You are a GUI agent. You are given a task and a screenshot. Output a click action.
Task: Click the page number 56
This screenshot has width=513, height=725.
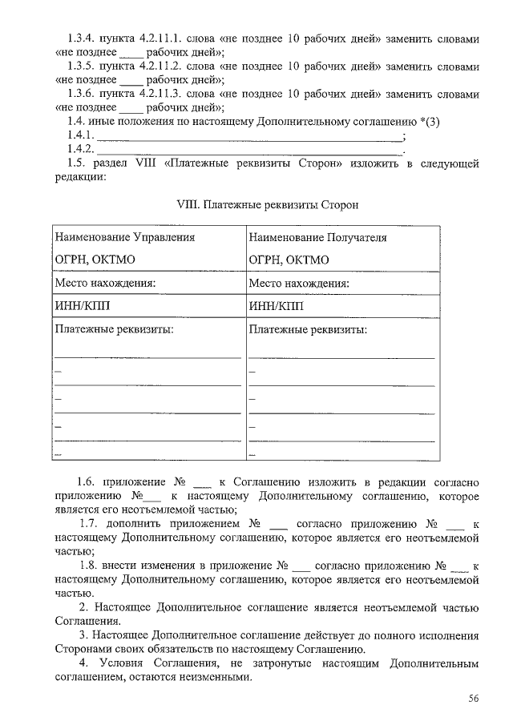pos(474,699)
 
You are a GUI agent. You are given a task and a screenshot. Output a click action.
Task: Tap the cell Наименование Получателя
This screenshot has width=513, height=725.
pos(317,238)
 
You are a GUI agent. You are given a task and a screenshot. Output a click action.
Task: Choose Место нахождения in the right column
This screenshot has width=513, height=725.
pos(299,283)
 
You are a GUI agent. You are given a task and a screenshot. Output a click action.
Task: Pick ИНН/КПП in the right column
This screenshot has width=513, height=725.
pos(276,306)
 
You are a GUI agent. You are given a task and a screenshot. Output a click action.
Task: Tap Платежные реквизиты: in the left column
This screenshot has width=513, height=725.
pos(114,329)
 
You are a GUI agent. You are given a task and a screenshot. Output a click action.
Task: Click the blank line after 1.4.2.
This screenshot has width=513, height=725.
pos(249,151)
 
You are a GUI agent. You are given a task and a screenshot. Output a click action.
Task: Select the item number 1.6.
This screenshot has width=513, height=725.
pos(87,482)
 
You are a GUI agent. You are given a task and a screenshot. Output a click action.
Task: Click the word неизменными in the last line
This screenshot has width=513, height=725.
pos(208,677)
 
